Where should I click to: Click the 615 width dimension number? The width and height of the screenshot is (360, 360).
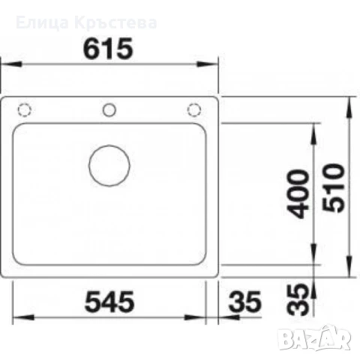[x=108, y=49]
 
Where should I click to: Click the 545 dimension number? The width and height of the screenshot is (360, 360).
[x=109, y=301]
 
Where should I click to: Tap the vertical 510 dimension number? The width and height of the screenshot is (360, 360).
[x=334, y=187]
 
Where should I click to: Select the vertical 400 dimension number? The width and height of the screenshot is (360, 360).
[x=298, y=194]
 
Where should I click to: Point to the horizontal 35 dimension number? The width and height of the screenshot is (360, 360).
[x=244, y=301]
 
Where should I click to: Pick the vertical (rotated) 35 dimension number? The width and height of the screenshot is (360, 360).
[x=298, y=299]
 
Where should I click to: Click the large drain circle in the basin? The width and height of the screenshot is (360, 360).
[x=109, y=166]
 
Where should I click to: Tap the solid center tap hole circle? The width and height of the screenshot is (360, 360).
[x=109, y=110]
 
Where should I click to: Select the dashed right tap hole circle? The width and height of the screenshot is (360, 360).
[x=194, y=110]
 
